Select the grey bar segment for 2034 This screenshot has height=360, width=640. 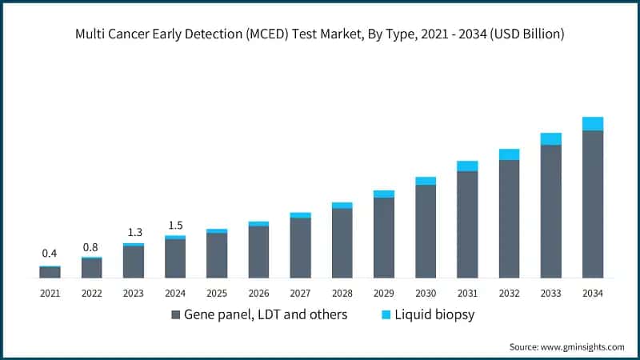coord(592,204)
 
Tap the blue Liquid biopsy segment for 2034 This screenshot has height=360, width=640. coord(592,123)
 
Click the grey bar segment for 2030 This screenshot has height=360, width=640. coord(426,231)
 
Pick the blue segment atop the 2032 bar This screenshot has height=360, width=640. coord(509,154)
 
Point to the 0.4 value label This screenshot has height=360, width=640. coord(50,254)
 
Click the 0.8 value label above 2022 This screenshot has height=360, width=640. coord(91,246)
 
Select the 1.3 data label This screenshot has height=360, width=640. coord(134,233)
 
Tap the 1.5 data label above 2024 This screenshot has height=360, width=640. coord(175,225)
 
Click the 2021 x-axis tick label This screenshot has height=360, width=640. coord(50,294)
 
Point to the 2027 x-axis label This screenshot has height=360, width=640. coord(300,294)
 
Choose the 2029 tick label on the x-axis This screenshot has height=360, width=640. coord(384,294)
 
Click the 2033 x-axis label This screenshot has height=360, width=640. coord(550,294)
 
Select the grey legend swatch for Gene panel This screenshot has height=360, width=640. coord(175,315)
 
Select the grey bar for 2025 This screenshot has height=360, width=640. coord(217,255)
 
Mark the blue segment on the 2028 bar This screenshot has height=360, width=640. coord(342,206)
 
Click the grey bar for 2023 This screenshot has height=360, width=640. coord(134,262)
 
